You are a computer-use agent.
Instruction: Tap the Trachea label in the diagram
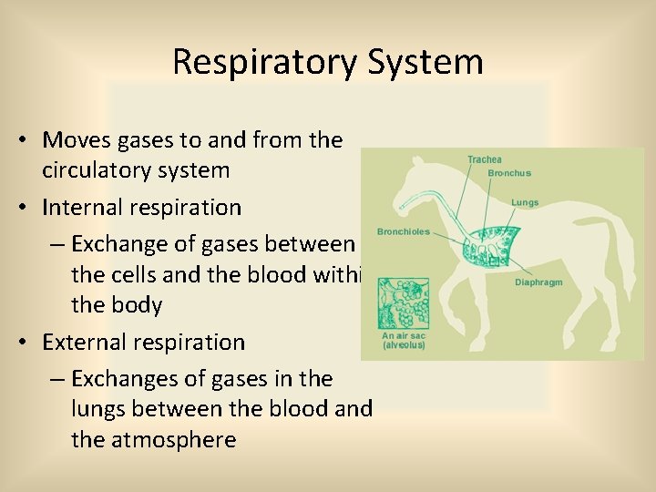[x=484, y=160]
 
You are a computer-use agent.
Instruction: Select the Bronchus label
[x=509, y=173]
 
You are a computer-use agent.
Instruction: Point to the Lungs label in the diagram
[x=524, y=202]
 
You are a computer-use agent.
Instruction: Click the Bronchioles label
[x=403, y=232]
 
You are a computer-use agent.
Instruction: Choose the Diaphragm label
[x=538, y=282]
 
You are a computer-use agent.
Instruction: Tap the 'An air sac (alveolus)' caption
[x=404, y=341]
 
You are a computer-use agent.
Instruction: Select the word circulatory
[x=99, y=170]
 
